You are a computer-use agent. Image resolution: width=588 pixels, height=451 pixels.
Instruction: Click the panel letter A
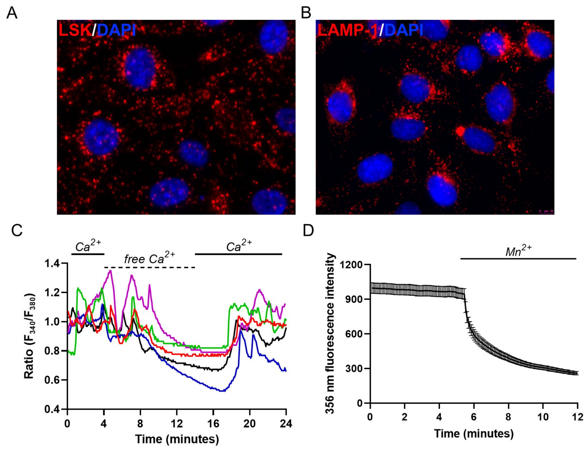click(12, 13)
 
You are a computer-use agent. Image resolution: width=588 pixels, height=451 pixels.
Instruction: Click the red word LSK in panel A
click(75, 30)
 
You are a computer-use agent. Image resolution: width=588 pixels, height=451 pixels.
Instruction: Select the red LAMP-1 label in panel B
click(348, 30)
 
